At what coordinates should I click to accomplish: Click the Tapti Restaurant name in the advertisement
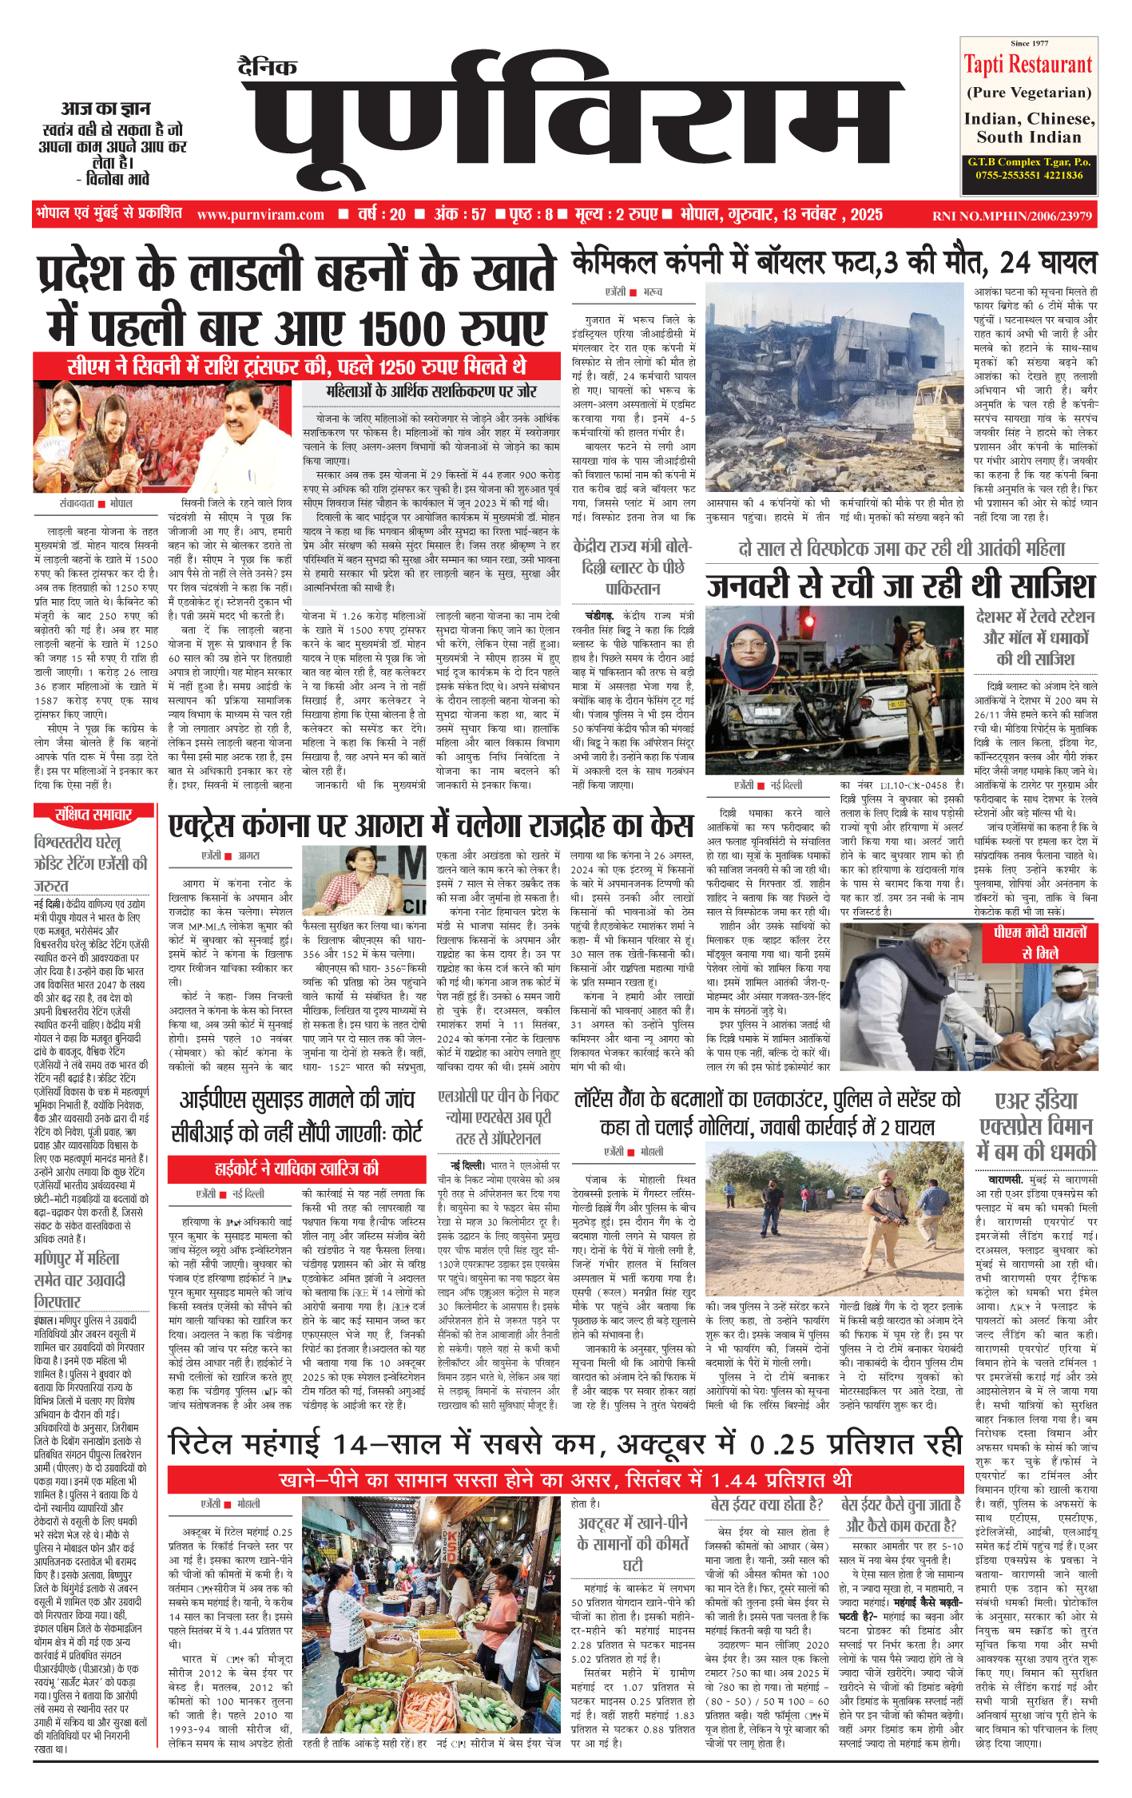coord(1028,65)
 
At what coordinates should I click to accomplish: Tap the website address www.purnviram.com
coord(260,215)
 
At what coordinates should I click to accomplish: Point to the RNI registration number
coord(1012,216)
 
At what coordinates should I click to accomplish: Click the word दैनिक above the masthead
coord(268,67)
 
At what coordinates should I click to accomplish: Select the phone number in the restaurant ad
coord(1029,175)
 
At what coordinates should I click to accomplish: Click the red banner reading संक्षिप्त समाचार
coord(93,814)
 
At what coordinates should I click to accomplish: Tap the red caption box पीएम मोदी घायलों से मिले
coord(1040,943)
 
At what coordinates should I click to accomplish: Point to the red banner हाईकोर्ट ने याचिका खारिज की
coord(296,1169)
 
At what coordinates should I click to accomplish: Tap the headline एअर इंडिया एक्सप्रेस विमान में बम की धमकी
coord(1037,1126)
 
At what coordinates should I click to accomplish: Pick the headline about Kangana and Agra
coord(431,824)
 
